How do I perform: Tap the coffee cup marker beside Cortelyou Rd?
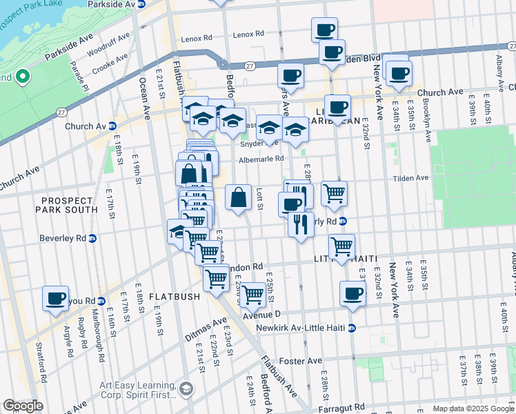(x=55, y=299)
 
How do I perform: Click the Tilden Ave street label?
(x=411, y=178)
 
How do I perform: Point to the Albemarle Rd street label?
(x=261, y=159)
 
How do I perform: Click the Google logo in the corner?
(x=23, y=406)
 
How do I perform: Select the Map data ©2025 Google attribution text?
(x=473, y=408)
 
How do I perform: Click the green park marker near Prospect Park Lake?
(x=21, y=76)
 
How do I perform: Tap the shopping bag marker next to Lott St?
(x=238, y=198)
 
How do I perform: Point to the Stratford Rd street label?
(x=42, y=365)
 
